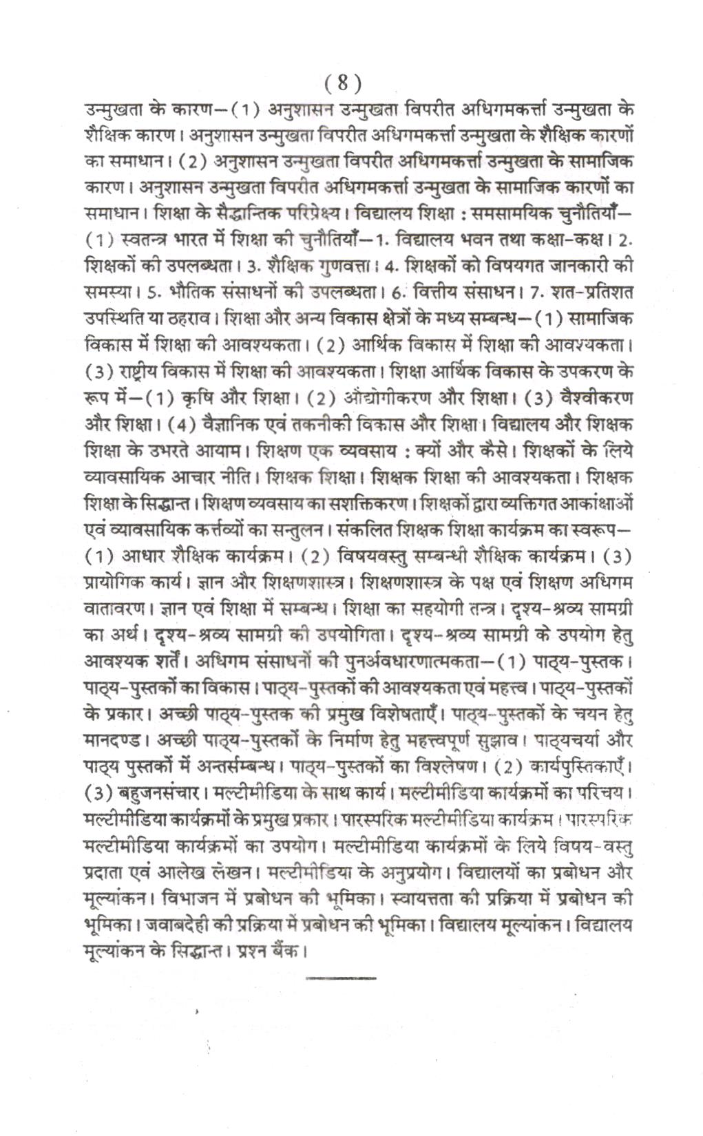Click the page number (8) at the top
pyautogui.click(x=342, y=83)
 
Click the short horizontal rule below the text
pyautogui.click(x=341, y=977)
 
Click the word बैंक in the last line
pyautogui.click(x=284, y=951)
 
